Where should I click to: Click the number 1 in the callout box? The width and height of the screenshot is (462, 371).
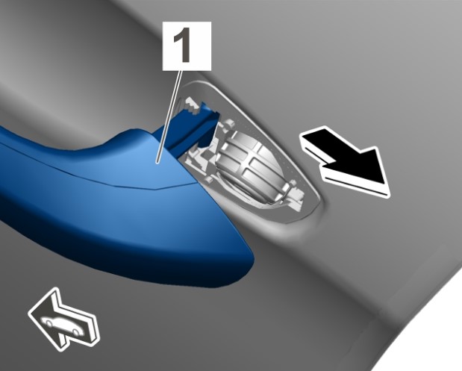click(182, 46)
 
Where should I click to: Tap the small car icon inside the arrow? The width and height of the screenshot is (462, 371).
click(61, 326)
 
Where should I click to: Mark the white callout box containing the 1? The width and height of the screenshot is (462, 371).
click(187, 46)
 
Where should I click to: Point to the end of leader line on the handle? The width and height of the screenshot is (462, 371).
click(157, 162)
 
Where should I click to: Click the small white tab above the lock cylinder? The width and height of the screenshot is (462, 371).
click(228, 124)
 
